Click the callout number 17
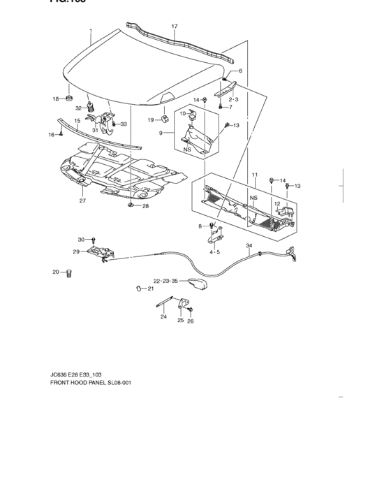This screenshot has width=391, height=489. (x=175, y=27)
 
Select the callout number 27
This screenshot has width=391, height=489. (x=82, y=201)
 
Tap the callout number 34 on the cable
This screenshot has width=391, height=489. (x=249, y=245)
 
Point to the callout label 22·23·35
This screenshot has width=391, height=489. (x=165, y=281)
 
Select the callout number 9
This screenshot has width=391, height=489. (x=161, y=133)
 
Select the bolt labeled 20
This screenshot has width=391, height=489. (x=69, y=273)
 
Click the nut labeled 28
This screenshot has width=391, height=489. (x=131, y=206)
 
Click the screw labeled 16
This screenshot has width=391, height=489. (x=61, y=133)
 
